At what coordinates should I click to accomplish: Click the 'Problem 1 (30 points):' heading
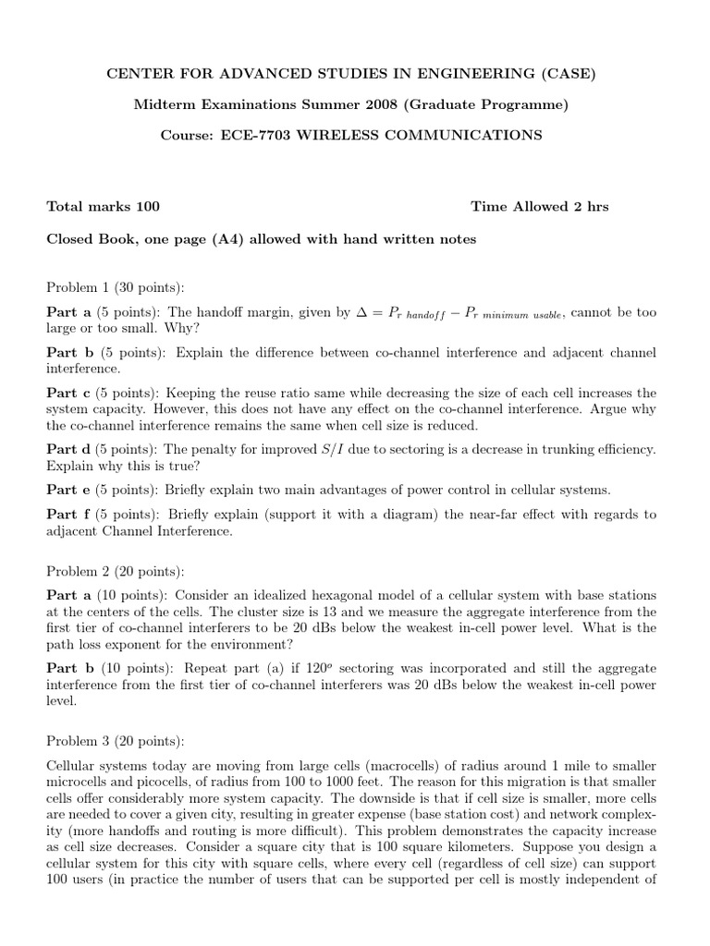click(x=116, y=287)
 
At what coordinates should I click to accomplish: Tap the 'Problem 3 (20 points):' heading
click(x=116, y=741)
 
